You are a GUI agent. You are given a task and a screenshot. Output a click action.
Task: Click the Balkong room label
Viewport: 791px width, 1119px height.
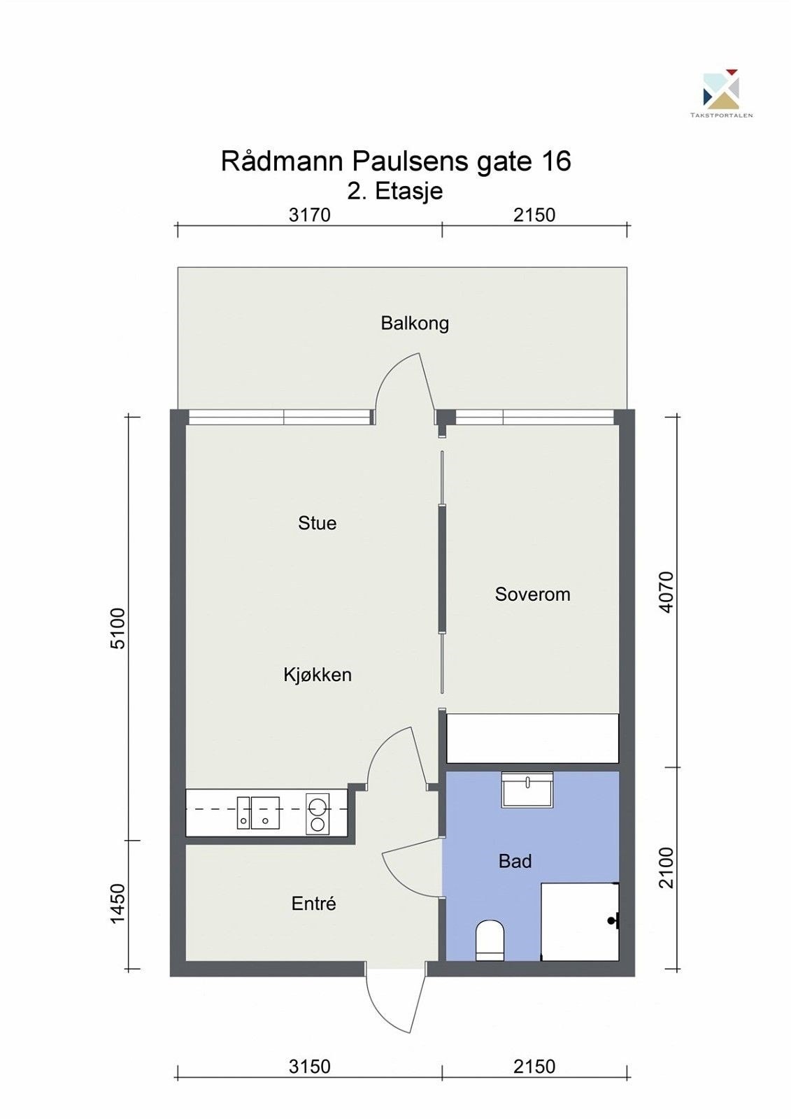(415, 324)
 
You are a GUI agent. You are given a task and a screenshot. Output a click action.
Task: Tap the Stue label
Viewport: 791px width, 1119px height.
(318, 523)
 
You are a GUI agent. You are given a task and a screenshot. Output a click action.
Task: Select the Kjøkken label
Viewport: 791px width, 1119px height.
(318, 675)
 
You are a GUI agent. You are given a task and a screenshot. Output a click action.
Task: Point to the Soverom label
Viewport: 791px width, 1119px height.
(533, 594)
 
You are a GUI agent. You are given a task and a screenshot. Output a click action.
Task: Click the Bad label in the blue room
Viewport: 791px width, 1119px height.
(515, 861)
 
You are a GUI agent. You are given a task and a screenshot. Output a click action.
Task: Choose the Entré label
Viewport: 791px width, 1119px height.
(314, 903)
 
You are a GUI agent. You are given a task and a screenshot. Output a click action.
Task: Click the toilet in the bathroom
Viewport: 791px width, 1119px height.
(490, 940)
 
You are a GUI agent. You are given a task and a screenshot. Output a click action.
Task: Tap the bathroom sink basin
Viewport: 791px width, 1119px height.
(527, 790)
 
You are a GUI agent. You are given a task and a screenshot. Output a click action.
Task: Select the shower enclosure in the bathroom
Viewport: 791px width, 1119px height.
(580, 921)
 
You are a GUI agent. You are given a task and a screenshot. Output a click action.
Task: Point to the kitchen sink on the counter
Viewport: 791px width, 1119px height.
(258, 813)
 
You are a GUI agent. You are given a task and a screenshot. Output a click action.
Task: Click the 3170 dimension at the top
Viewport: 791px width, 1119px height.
(310, 215)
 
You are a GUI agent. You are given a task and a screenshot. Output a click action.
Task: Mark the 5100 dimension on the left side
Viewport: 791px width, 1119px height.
(119, 628)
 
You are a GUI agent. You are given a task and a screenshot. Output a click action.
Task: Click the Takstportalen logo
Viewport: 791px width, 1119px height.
(722, 94)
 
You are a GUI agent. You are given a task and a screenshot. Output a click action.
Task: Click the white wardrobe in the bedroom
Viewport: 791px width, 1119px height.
(533, 739)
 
